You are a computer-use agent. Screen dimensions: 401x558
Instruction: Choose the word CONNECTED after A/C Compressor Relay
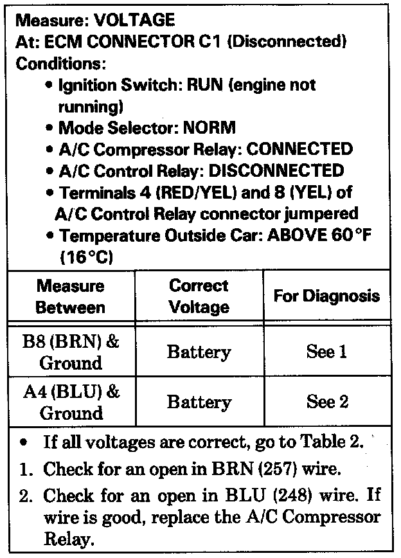tap(300, 149)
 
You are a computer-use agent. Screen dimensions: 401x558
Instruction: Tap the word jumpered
tap(319, 213)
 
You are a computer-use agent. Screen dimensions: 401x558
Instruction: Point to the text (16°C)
tap(86, 257)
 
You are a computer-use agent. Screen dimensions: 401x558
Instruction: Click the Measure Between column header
tap(71, 296)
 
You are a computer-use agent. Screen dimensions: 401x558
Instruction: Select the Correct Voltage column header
tap(199, 296)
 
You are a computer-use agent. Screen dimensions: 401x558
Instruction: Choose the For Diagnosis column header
tap(326, 296)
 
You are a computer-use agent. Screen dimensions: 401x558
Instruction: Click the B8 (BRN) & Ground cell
tap(71, 352)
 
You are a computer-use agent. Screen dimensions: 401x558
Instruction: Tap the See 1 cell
tap(326, 352)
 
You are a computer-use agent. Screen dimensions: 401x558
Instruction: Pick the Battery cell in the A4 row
tap(199, 402)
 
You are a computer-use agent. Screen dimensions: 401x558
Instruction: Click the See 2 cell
tap(326, 402)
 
